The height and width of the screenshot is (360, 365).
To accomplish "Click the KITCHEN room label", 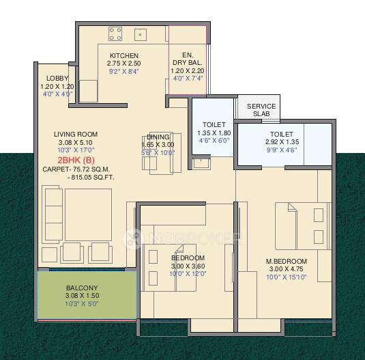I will tap(123, 55).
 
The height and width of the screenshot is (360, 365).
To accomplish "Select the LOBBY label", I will tap(58, 79).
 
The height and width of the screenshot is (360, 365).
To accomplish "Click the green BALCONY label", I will tap(83, 288).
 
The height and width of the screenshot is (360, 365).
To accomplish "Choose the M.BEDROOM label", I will tap(287, 261).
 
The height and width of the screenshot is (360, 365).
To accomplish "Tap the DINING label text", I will tap(158, 137).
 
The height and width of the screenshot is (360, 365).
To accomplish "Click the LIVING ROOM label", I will tap(76, 134).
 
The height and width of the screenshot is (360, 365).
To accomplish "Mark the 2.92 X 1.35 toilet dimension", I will tap(281, 142).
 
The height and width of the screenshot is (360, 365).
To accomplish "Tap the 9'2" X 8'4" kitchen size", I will tap(123, 71).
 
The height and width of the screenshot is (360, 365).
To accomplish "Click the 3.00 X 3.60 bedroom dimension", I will tap(188, 266).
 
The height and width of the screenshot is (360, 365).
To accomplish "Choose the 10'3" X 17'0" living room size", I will tap(76, 150).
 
